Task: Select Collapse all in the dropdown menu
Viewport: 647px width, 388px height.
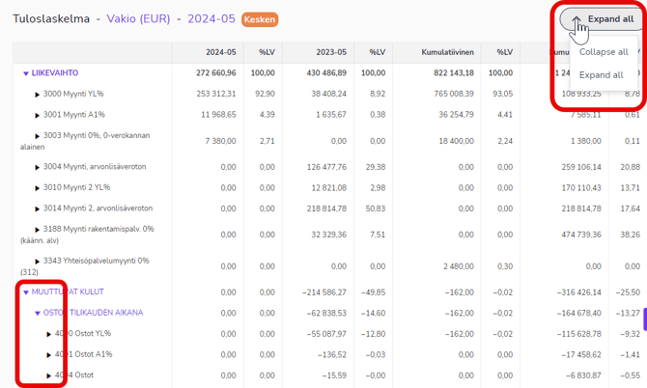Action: (604, 52)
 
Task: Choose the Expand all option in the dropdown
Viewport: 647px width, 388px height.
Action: (602, 74)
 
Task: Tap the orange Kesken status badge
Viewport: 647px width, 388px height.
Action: (260, 19)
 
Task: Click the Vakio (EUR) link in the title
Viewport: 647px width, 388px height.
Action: (138, 18)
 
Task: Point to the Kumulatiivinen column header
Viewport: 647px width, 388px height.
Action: (448, 52)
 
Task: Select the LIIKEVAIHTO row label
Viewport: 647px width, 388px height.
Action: (54, 72)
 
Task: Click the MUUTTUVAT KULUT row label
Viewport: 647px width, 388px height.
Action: (67, 291)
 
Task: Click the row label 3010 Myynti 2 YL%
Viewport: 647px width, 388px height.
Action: (76, 187)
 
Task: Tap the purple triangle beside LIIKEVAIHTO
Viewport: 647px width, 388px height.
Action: (26, 73)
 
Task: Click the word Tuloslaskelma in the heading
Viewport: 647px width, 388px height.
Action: (51, 18)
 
